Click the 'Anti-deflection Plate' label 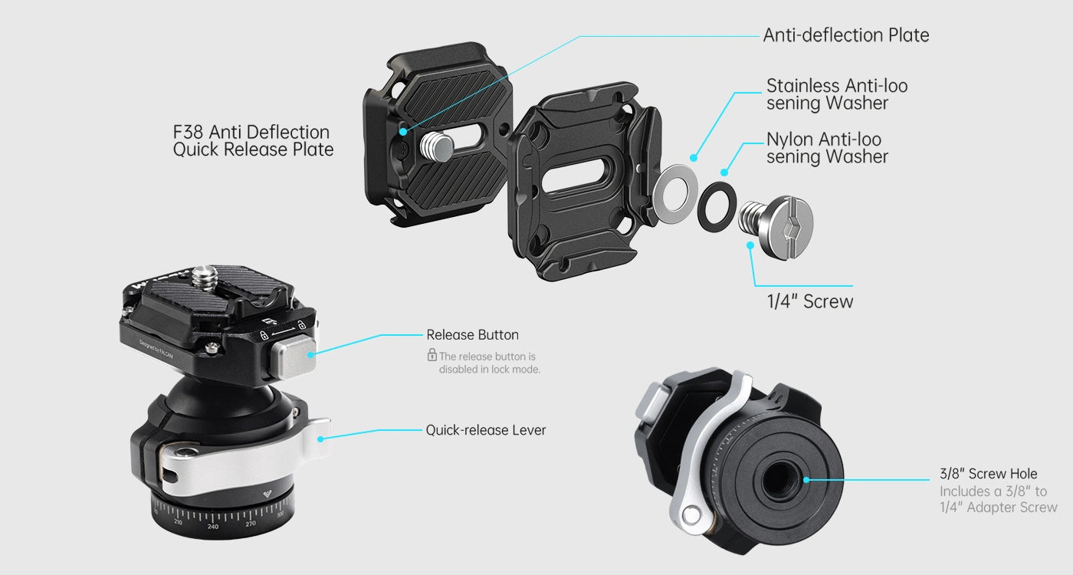(x=846, y=35)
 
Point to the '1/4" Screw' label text (x=810, y=301)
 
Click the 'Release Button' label (x=472, y=335)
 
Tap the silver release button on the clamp (x=293, y=356)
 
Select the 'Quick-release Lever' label (x=486, y=430)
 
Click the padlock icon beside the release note (x=431, y=355)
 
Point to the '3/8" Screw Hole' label (x=988, y=474)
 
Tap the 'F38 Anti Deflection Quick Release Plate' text (x=253, y=141)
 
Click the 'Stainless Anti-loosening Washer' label (x=837, y=94)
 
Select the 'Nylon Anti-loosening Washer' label (x=827, y=148)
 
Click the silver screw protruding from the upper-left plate (x=436, y=146)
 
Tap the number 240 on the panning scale (x=213, y=527)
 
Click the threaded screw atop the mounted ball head (x=206, y=278)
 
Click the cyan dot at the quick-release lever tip (x=320, y=439)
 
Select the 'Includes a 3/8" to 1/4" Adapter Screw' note (x=998, y=499)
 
